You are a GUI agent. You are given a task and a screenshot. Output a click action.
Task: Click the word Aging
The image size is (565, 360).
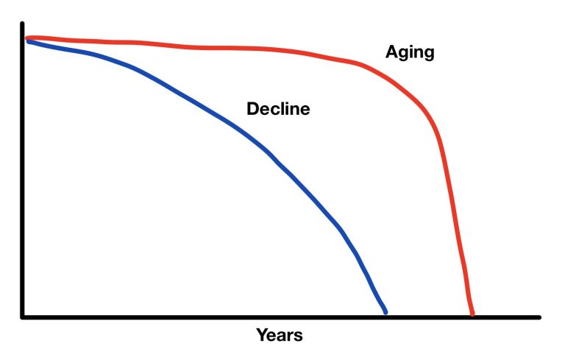click(x=410, y=53)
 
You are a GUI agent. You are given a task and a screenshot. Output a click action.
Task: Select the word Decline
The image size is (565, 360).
click(x=278, y=109)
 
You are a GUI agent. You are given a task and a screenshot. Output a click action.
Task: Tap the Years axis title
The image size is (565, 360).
click(x=280, y=335)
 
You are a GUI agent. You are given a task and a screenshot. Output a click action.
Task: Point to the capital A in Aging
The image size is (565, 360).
click(x=391, y=52)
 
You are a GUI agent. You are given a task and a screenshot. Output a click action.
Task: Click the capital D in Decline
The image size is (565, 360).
click(x=252, y=109)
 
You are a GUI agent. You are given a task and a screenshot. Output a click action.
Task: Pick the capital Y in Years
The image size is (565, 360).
click(x=263, y=335)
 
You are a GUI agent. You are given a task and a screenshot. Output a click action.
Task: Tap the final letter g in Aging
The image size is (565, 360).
click(x=429, y=54)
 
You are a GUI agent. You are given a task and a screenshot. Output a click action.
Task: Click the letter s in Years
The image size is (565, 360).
click(x=299, y=337)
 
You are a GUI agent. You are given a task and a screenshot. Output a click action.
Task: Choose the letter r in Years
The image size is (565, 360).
click(x=290, y=336)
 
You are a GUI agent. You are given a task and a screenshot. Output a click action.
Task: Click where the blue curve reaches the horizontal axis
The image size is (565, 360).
click(x=385, y=313)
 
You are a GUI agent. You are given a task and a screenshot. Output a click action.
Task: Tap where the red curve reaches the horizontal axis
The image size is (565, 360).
click(x=472, y=314)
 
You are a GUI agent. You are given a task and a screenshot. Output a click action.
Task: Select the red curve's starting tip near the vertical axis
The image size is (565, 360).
click(x=26, y=38)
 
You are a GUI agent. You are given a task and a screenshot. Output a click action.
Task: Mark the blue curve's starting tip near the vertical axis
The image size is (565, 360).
click(x=29, y=42)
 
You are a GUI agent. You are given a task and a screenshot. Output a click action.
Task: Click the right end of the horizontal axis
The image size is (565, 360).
click(x=539, y=317)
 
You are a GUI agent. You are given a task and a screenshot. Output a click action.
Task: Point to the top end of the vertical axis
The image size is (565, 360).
click(x=22, y=24)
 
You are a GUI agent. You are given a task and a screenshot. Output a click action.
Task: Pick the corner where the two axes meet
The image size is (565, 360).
click(x=22, y=317)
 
